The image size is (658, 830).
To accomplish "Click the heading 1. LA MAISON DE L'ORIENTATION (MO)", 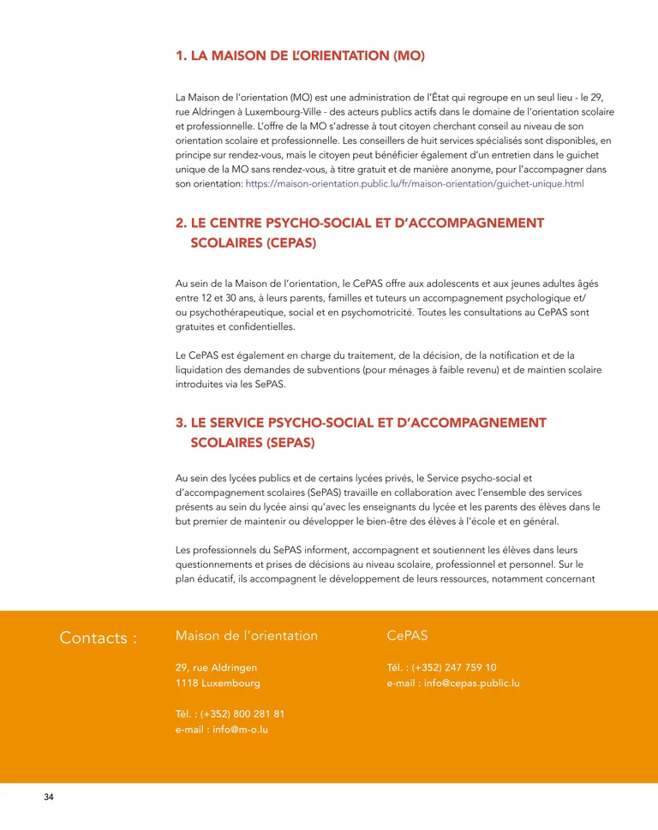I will pyautogui.click(x=300, y=57).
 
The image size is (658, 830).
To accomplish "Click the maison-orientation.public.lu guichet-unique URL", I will pyautogui.click(x=415, y=184).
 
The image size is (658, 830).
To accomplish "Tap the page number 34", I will pyautogui.click(x=49, y=798).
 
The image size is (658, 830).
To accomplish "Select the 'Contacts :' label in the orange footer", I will pyautogui.click(x=99, y=638).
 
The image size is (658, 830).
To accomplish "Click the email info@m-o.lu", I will pyautogui.click(x=222, y=730).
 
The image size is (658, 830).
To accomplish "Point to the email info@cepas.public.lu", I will pyautogui.click(x=453, y=684).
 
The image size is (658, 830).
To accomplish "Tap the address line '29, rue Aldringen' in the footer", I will pyautogui.click(x=216, y=667).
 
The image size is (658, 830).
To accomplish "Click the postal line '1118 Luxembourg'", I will pyautogui.click(x=218, y=684).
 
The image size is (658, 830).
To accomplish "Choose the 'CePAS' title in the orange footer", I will pyautogui.click(x=407, y=636).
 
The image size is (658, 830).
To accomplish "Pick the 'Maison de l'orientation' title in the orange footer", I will pyautogui.click(x=247, y=636).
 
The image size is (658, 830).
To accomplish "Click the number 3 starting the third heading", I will pyautogui.click(x=180, y=423).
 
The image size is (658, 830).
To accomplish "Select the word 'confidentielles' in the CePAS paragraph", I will pyautogui.click(x=257, y=326).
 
